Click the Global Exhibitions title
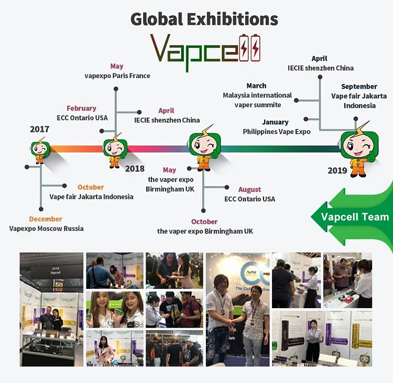[204, 19]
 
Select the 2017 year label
[40, 129]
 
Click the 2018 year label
[135, 168]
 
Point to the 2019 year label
[337, 171]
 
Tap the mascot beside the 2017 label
[40, 151]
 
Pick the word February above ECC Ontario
[81, 108]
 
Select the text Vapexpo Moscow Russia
[46, 229]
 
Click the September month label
[359, 86]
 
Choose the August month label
[249, 189]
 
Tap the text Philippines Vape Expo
[277, 132]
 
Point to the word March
[256, 86]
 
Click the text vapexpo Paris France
[117, 76]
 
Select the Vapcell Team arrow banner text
[355, 217]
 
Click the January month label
[276, 122]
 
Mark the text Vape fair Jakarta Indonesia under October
[92, 197]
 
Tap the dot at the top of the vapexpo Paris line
[116, 89]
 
